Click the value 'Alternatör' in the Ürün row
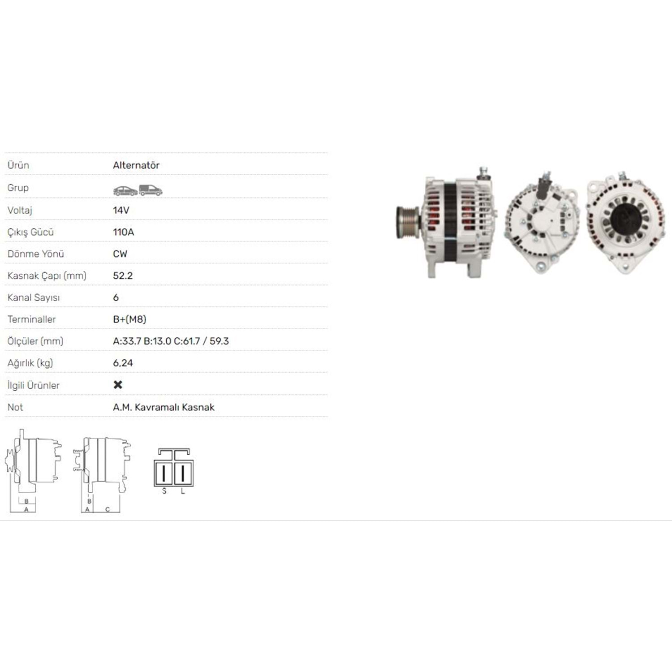[x=136, y=165]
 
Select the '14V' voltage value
[x=121, y=210]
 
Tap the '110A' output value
[x=124, y=232]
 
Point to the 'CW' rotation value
[x=120, y=254]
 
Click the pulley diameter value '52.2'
[x=123, y=276]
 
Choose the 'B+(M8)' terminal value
[x=129, y=319]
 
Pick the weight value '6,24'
[x=123, y=363]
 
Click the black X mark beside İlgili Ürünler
[x=118, y=385]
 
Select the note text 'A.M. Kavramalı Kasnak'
[x=164, y=407]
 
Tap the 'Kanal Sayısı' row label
[x=34, y=298]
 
